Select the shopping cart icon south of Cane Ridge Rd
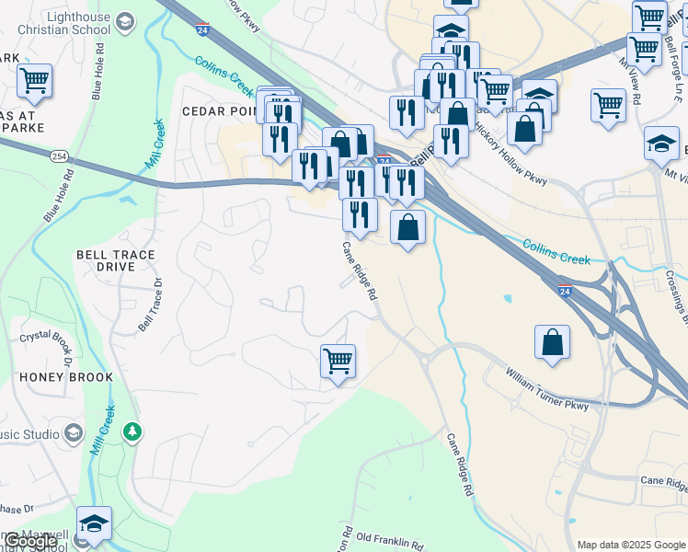[x=338, y=361]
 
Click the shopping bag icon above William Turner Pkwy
[x=553, y=342]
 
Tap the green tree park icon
[x=132, y=431]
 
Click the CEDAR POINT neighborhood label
[x=222, y=110]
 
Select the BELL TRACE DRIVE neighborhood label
[x=115, y=260]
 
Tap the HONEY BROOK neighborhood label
[x=66, y=377]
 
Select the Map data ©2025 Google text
[x=630, y=545]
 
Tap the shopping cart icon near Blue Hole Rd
[x=34, y=80]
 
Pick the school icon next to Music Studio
[x=74, y=433]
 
